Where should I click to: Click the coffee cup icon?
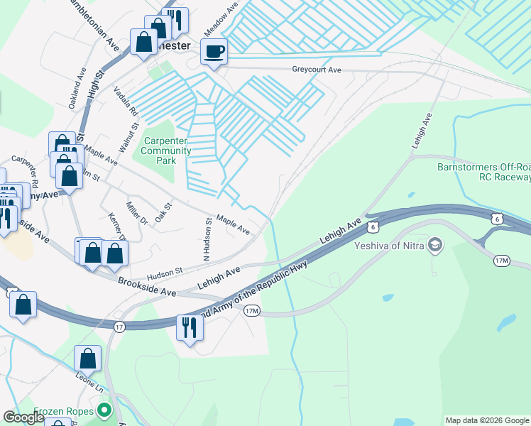pyautogui.click(x=214, y=51)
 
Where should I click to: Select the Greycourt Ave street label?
pyautogui.click(x=317, y=70)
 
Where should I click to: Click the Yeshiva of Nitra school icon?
pyautogui.click(x=435, y=246)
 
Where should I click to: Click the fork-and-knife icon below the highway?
pyautogui.click(x=190, y=328)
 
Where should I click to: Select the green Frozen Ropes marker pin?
pyautogui.click(x=105, y=410)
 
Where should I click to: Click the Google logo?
pyautogui.click(x=24, y=417)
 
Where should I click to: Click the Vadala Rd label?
pyautogui.click(x=126, y=104)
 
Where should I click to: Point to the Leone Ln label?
pyautogui.click(x=91, y=384)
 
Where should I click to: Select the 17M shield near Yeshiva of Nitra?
pyautogui.click(x=502, y=261)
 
